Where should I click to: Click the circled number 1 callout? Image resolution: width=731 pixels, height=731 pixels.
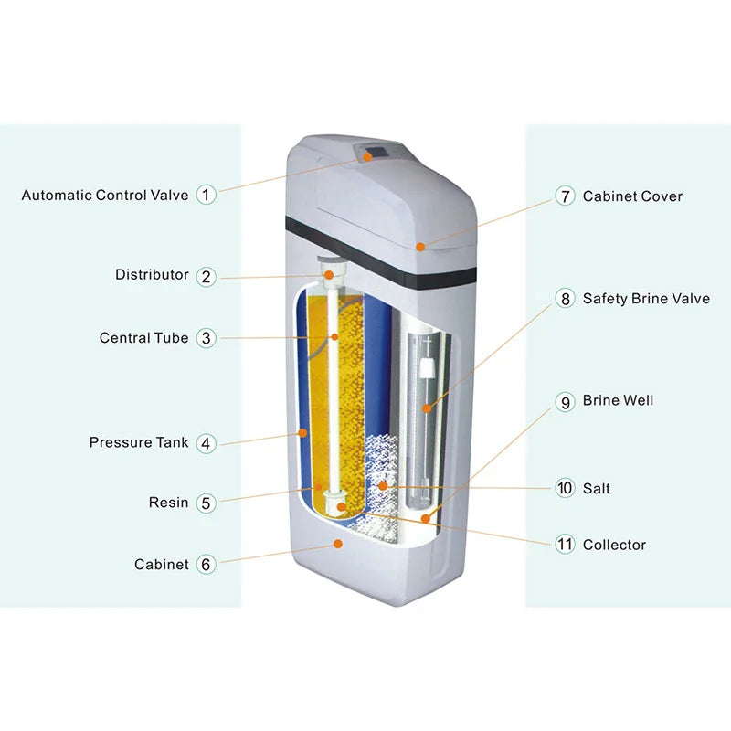[207, 195]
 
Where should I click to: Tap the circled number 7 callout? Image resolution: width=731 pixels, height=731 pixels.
[566, 196]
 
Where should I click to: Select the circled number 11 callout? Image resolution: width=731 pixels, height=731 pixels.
[566, 545]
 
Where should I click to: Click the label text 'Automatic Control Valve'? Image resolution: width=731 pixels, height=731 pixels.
[104, 195]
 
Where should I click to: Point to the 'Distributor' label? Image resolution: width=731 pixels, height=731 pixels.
[152, 274]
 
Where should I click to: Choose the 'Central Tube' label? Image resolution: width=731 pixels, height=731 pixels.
[143, 338]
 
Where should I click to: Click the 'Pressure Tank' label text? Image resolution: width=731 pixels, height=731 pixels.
[139, 442]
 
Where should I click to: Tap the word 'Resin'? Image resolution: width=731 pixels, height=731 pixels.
[168, 503]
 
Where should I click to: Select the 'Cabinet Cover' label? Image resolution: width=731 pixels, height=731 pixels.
[632, 196]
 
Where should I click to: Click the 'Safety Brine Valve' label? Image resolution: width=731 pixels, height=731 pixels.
[646, 299]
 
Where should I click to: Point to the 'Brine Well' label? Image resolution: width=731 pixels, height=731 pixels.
[618, 400]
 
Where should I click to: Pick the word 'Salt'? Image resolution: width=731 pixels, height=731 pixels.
[596, 489]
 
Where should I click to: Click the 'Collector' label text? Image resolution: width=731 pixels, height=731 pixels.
[614, 545]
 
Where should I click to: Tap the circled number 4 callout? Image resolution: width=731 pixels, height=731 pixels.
[207, 443]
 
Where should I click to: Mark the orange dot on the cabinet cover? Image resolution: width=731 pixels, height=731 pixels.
[419, 246]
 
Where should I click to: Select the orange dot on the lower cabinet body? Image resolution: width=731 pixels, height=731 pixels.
[338, 544]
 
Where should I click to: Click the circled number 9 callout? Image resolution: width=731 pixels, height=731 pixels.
[566, 401]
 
